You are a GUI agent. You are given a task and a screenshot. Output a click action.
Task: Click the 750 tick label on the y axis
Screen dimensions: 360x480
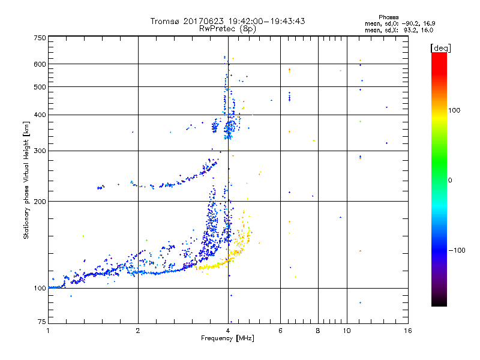point(40,37)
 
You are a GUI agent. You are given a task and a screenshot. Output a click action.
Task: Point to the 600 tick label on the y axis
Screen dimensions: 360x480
point(40,64)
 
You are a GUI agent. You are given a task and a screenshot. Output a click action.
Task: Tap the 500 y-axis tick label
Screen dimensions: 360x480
point(40,86)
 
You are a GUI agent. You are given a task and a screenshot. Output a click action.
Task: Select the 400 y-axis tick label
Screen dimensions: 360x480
point(40,115)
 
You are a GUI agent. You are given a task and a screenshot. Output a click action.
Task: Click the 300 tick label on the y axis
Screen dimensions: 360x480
point(40,151)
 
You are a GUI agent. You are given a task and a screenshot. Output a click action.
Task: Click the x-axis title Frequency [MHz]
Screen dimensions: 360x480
point(228,339)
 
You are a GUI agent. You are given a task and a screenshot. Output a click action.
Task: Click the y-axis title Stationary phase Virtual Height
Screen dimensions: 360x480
point(26,180)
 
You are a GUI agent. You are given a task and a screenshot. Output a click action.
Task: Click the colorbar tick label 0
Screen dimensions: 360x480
point(451,180)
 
